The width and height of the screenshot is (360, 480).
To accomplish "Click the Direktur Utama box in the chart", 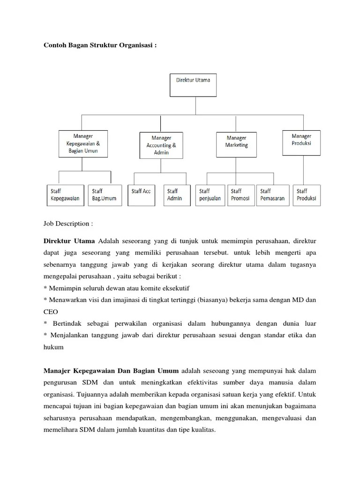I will [193, 84].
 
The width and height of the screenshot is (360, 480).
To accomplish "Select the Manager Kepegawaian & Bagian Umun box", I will [83, 143].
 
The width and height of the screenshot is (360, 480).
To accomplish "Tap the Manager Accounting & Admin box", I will [161, 145].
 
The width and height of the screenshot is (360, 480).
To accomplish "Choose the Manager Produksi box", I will [301, 142].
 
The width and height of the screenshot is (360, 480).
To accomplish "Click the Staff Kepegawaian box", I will [66, 195].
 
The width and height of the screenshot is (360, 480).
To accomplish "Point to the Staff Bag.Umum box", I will [104, 195].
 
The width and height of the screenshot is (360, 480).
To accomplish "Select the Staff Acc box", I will [141, 195].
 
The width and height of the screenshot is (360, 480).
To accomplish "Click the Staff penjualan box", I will [210, 195].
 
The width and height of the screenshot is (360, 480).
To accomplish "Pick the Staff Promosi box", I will [240, 195].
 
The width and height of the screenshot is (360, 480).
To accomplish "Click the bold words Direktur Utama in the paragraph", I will [69, 241].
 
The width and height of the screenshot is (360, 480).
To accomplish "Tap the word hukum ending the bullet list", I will [53, 348].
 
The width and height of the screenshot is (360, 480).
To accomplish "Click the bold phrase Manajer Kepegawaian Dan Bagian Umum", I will [111, 370].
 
